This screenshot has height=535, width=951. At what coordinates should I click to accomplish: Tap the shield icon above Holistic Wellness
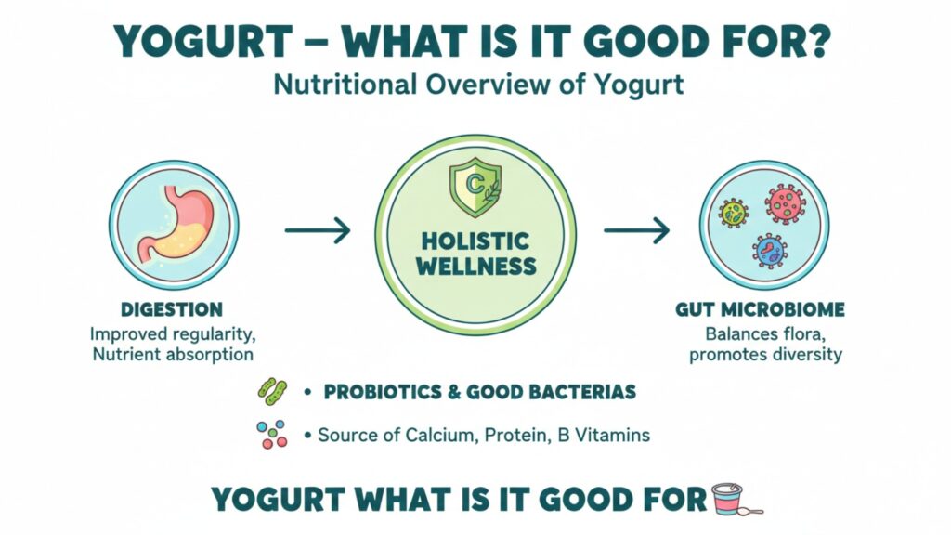point(475,188)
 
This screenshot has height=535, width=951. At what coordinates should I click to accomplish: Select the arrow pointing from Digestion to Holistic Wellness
point(318,230)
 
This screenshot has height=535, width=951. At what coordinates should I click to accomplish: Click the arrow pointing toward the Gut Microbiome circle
point(637,230)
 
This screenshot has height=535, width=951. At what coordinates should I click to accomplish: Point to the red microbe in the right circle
point(786,203)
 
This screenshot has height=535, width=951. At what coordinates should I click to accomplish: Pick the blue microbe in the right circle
point(770,251)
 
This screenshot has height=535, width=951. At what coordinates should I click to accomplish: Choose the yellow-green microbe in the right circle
point(734,213)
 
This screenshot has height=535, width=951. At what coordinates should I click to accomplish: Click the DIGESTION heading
point(172,309)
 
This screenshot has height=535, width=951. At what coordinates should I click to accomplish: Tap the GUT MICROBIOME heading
point(760,309)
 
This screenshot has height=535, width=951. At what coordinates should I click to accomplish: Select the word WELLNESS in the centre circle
point(476,267)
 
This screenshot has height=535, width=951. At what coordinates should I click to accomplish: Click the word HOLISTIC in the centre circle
point(475,241)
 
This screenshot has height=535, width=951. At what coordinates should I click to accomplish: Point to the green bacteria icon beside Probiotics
point(272,392)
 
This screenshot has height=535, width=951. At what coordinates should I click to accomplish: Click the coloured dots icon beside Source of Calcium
point(272,435)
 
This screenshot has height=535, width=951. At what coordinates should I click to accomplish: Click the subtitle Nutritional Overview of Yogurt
point(478,85)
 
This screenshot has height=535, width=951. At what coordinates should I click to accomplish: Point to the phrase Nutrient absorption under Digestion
point(173,354)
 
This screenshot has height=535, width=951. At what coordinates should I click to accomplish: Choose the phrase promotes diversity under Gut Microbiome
point(765,354)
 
